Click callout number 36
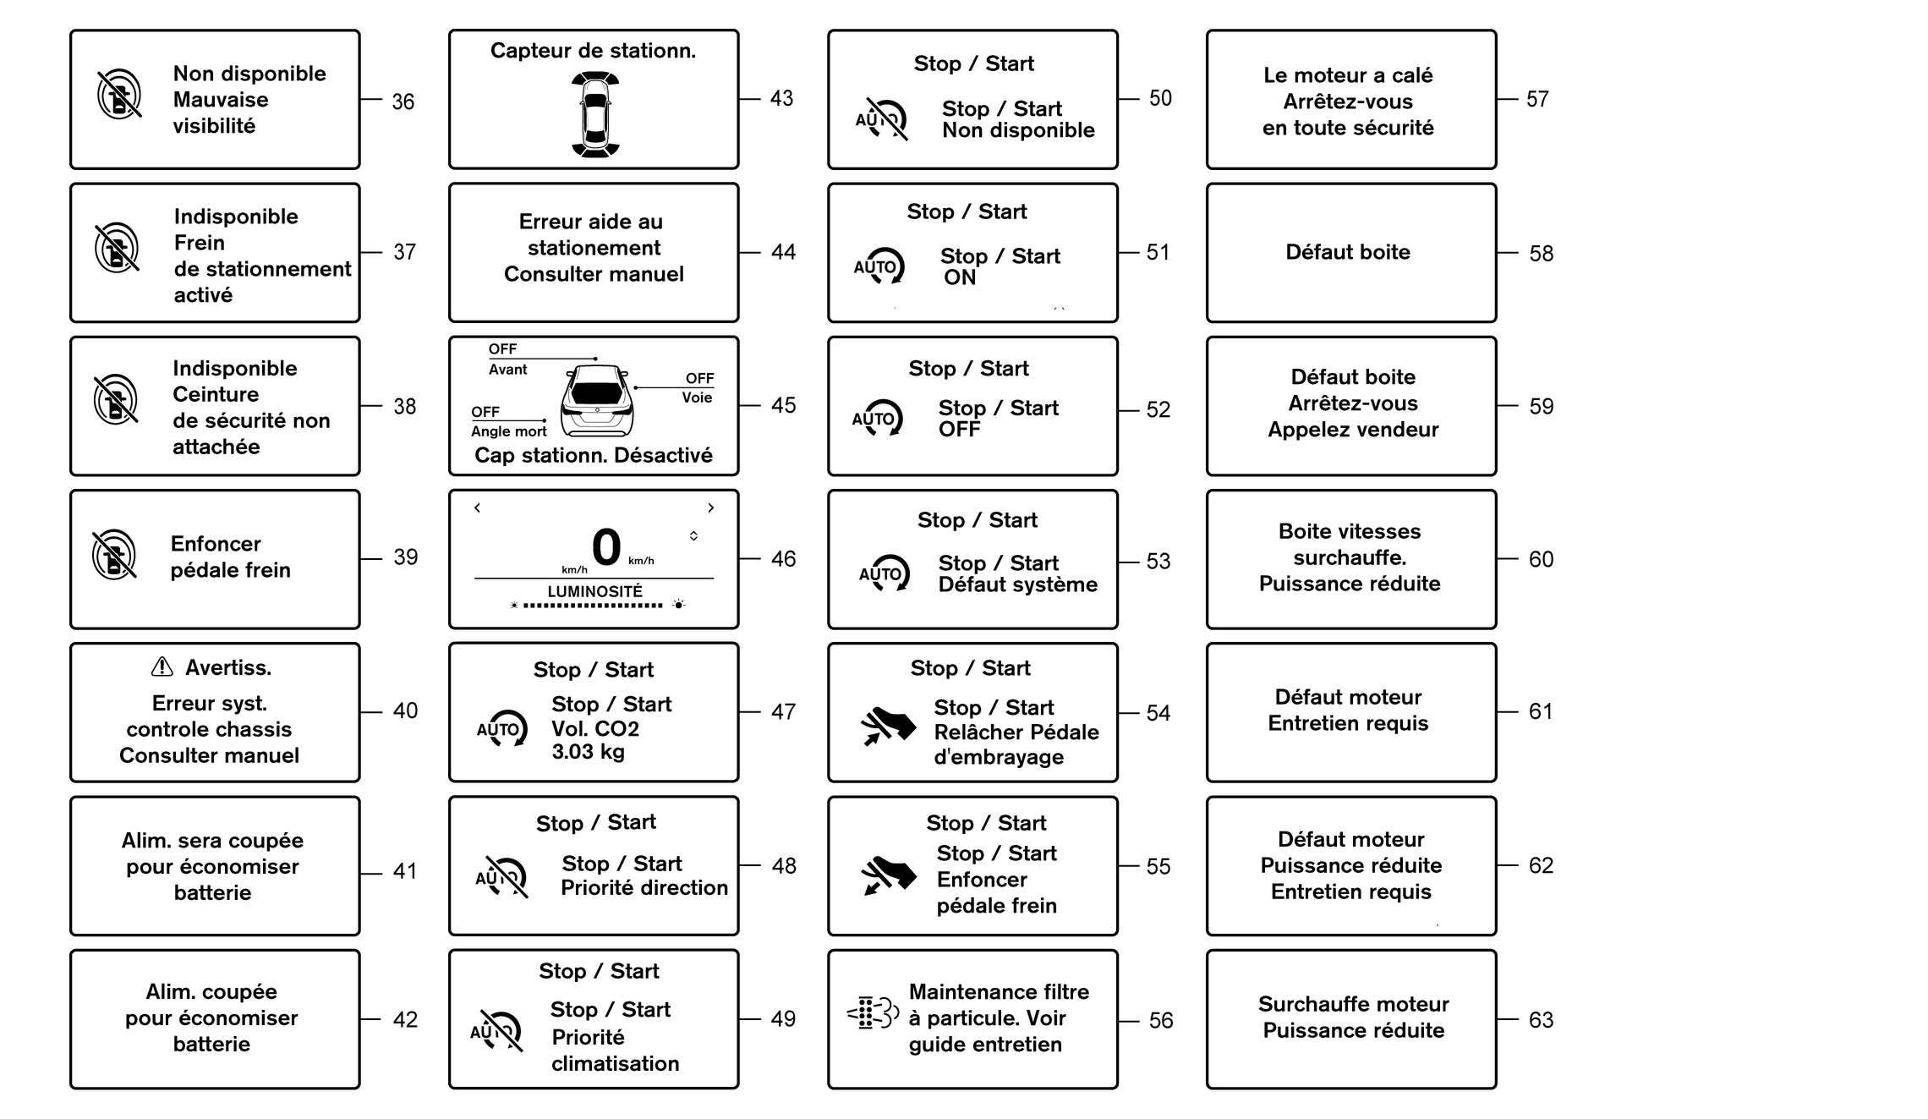click(403, 102)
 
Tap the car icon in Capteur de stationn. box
click(595, 115)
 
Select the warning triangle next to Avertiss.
click(162, 667)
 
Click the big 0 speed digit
click(606, 546)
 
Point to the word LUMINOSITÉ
click(594, 591)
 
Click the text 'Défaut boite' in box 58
click(1347, 252)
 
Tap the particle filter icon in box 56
click(873, 1012)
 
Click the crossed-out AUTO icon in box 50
click(882, 119)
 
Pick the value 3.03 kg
click(588, 751)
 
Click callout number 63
click(1541, 1020)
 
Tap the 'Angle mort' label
click(508, 431)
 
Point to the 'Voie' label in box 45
click(697, 398)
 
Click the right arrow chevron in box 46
click(711, 507)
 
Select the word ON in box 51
click(960, 277)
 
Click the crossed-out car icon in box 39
click(114, 555)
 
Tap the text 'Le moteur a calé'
click(1348, 75)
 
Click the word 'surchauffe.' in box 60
click(1350, 557)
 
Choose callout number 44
click(783, 252)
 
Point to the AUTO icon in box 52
click(878, 418)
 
